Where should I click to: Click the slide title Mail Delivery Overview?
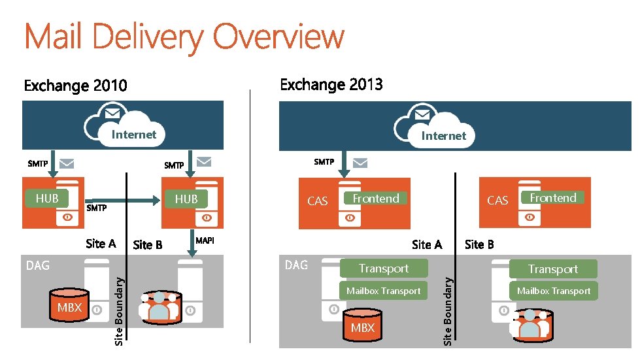184,37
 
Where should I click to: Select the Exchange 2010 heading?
76,86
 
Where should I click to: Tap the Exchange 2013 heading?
331,84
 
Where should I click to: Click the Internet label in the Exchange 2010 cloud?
134,135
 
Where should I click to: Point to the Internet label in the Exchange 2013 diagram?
444,136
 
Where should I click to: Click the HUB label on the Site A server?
47,198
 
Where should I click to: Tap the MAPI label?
205,240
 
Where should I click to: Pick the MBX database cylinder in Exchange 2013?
363,327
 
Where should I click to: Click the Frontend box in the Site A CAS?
376,198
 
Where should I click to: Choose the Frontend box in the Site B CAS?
553,198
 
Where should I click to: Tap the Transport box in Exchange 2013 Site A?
384,268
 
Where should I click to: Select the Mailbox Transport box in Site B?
554,291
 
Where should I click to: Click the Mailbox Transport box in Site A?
384,291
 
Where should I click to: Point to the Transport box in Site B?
553,269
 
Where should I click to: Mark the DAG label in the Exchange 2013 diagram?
296,265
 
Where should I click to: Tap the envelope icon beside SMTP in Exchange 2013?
360,162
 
